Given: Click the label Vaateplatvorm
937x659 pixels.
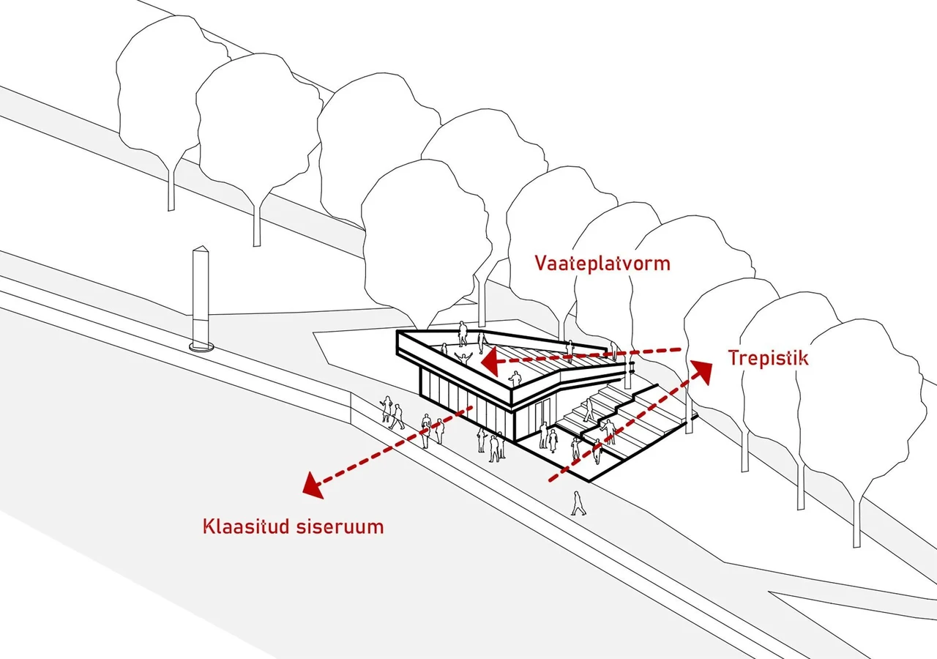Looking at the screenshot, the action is tap(602, 264).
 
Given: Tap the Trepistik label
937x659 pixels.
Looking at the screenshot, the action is tap(768, 358).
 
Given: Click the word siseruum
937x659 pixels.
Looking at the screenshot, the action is tap(340, 526).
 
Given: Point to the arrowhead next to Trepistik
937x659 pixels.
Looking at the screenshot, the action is tap(701, 371).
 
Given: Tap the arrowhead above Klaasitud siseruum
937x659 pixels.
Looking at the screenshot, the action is tap(314, 485).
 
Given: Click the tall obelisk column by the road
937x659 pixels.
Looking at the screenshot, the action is tap(201, 297).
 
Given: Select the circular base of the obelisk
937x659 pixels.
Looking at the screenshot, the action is tap(201, 346).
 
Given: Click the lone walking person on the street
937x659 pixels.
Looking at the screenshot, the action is tap(578, 503).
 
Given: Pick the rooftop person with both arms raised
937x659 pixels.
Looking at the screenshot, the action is tap(463, 360).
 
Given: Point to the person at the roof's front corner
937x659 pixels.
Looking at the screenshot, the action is tap(515, 379).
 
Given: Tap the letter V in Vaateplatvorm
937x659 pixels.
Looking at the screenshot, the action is tap(541, 263).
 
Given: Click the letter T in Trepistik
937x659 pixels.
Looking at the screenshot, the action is tap(734, 358).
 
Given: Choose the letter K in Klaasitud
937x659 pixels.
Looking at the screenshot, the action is tap(209, 526).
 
